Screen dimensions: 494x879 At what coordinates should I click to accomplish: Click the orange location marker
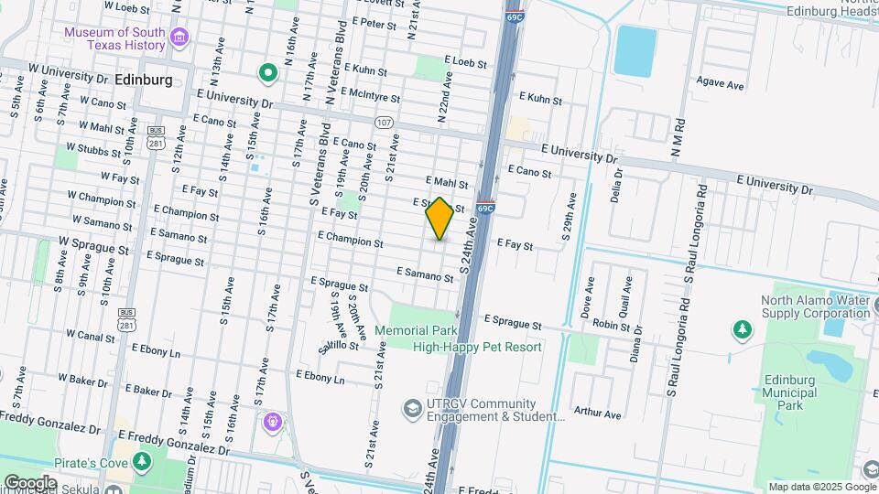439,219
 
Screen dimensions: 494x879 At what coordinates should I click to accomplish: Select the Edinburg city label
145,81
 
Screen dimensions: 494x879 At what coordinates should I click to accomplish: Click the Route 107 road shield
384,122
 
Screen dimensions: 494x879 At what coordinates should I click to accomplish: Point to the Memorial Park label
415,330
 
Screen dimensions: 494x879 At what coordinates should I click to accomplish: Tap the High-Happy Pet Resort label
477,347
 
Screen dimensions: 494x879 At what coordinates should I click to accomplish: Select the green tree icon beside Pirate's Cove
141,461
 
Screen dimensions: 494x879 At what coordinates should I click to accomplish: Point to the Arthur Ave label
597,413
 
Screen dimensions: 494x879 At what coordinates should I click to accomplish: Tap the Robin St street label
612,325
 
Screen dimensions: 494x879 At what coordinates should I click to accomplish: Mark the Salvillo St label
337,345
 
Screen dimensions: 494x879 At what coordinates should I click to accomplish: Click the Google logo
30,482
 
